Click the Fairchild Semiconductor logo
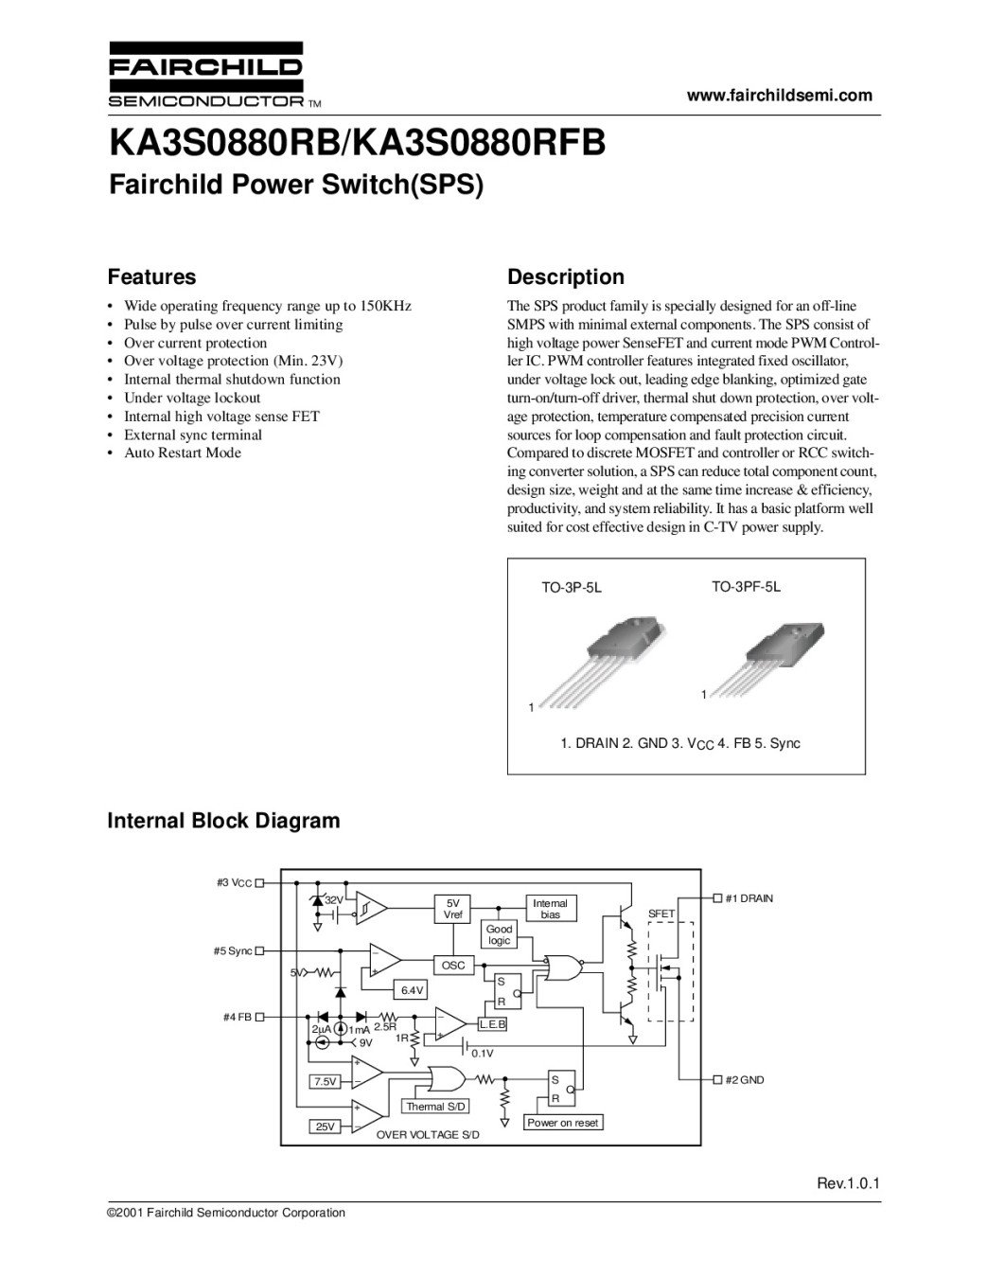click(x=206, y=75)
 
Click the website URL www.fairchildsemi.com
click(x=779, y=95)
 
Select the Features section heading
click(x=151, y=277)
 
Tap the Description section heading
click(x=566, y=277)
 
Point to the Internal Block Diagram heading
click(x=223, y=821)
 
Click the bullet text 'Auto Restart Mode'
click(x=183, y=453)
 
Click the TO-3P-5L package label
click(x=572, y=588)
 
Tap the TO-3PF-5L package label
click(x=746, y=587)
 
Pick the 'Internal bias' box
click(x=550, y=909)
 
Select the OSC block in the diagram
click(x=453, y=966)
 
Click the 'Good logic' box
click(x=499, y=934)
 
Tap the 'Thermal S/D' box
click(x=436, y=1107)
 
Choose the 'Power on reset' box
click(x=563, y=1123)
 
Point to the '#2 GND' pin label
click(x=744, y=1079)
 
